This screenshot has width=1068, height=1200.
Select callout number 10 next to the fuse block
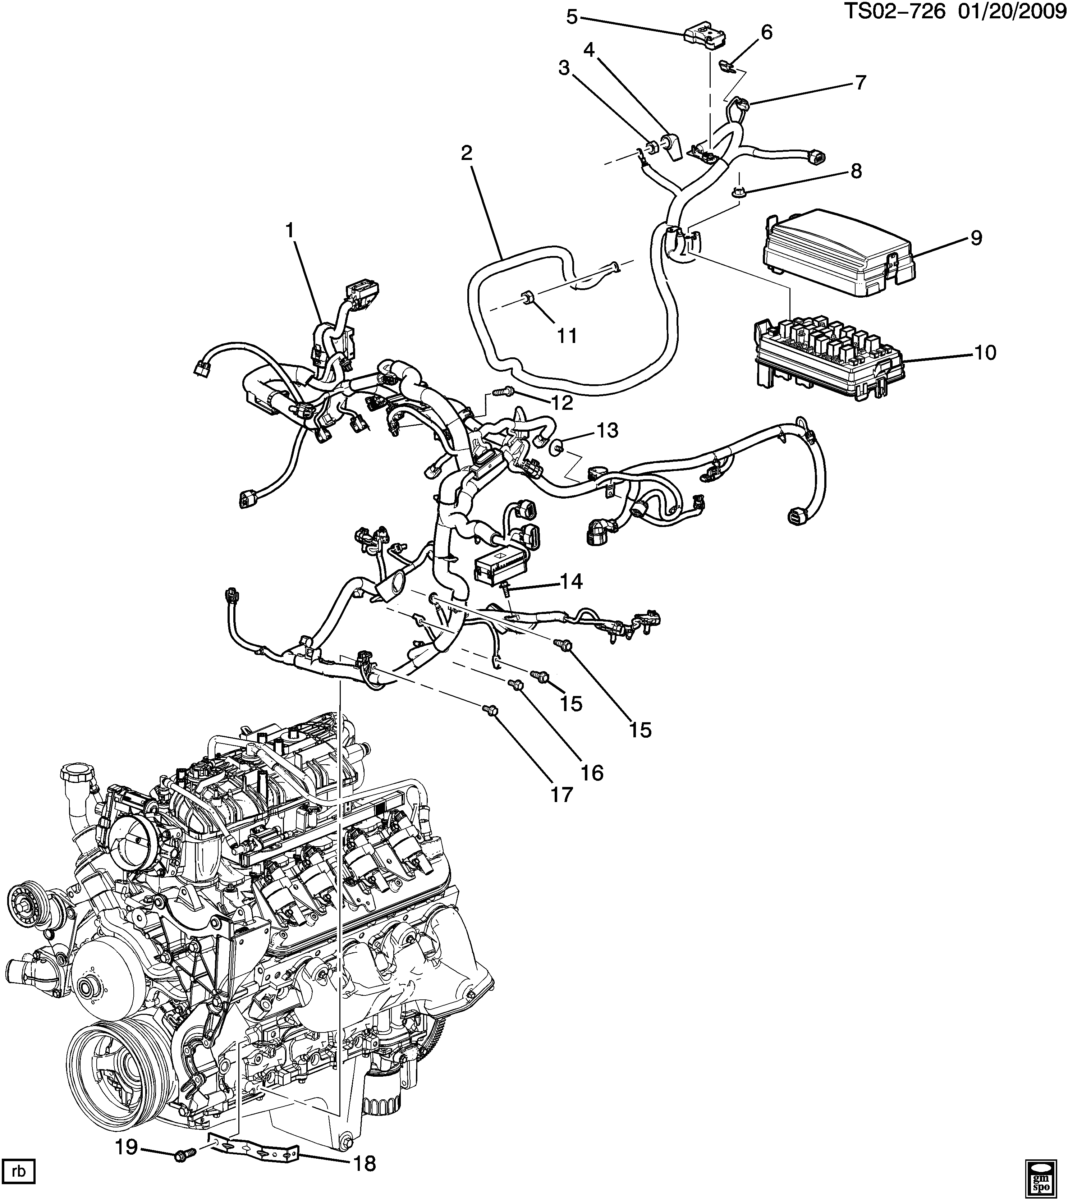click(986, 353)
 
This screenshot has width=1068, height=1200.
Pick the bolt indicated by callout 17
click(492, 710)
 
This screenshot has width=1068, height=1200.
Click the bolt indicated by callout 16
click(517, 684)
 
